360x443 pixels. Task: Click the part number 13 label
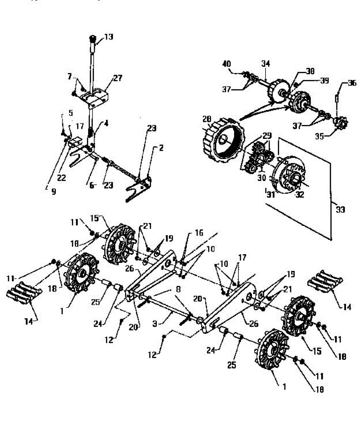pos(109,37)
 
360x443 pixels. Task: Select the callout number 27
pos(118,78)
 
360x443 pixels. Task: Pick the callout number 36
pos(352,83)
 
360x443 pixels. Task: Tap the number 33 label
pos(340,210)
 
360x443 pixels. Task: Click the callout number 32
pos(300,195)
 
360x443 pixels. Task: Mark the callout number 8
pos(178,291)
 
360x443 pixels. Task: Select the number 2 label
pos(161,148)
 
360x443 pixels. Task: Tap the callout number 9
pos(54,192)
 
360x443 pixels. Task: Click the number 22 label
pos(61,178)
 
